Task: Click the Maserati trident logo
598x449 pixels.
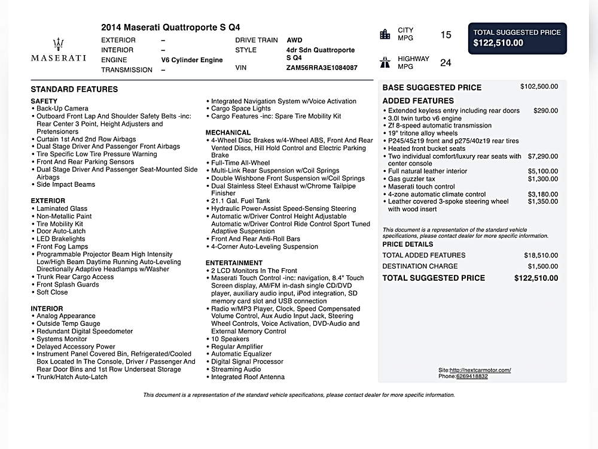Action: point(58,44)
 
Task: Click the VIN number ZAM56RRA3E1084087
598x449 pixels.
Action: point(322,68)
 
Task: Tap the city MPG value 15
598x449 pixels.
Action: point(446,35)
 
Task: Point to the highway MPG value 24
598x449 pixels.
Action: point(446,63)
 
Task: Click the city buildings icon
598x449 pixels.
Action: point(385,34)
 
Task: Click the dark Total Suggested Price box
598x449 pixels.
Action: point(517,38)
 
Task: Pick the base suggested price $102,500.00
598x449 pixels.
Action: point(539,87)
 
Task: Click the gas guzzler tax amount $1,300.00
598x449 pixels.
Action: point(543,179)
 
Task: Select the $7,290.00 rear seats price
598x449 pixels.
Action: point(543,156)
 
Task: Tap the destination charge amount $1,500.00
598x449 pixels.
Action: point(543,266)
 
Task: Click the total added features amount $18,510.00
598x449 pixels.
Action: point(541,256)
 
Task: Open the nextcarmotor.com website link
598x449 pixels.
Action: point(480,370)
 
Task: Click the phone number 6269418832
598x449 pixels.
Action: point(471,377)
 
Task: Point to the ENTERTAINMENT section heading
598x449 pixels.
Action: point(234,263)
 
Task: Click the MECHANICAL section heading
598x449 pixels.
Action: point(228,132)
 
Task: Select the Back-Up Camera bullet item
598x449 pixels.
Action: point(62,109)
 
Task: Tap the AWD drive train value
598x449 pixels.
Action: point(294,40)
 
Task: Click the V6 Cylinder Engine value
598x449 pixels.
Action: point(191,60)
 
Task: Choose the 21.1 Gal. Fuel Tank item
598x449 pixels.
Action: point(240,201)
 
